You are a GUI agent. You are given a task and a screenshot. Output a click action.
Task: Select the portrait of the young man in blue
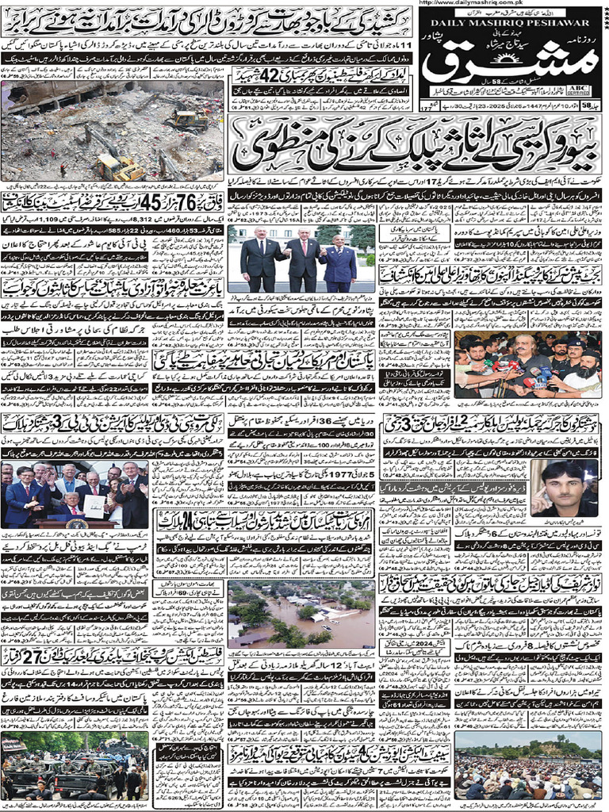click(x=563, y=488)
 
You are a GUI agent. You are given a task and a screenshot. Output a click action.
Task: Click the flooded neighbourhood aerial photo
click(x=301, y=614)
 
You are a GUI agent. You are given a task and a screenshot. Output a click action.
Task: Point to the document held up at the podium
click(x=95, y=505)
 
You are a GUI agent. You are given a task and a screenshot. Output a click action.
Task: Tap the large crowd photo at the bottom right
click(x=527, y=765)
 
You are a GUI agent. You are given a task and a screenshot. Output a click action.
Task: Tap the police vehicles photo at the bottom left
click(x=75, y=765)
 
